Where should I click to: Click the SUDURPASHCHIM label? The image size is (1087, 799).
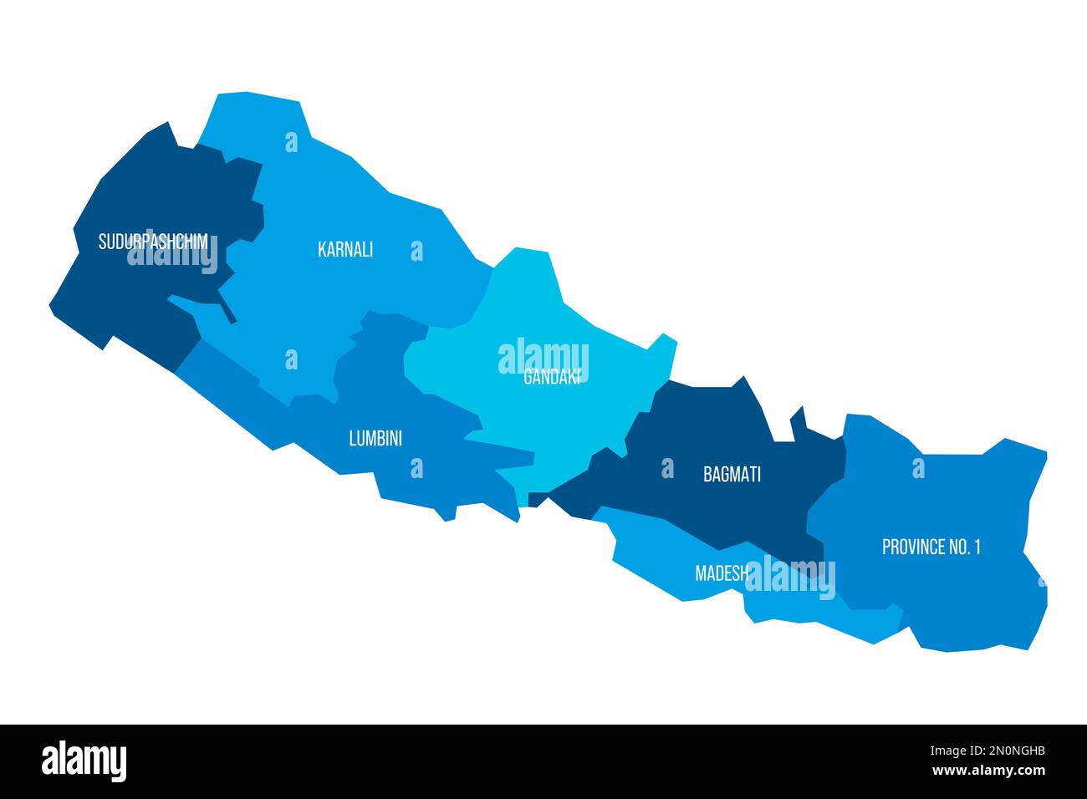(x=152, y=242)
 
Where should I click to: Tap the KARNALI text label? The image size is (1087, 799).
(x=345, y=249)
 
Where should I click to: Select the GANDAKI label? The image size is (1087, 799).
(x=551, y=377)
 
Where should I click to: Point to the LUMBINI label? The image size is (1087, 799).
(x=375, y=438)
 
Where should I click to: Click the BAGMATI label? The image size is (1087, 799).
(x=732, y=475)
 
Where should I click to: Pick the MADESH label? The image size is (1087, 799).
(x=721, y=573)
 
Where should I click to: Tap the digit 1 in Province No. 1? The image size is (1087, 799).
(x=976, y=547)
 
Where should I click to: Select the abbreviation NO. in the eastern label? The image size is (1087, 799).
(x=958, y=547)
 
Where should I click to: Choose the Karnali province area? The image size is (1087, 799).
(x=334, y=293)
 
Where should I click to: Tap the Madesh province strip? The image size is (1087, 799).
(x=661, y=560)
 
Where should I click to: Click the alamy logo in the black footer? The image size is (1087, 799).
(x=84, y=761)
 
